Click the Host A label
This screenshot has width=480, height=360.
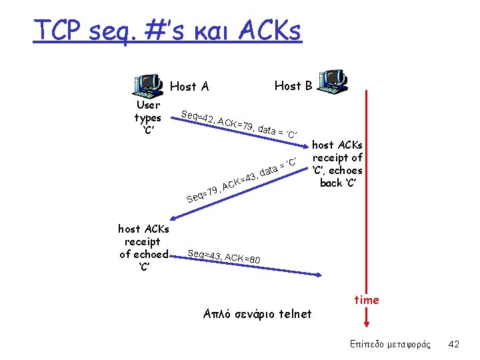point(189,86)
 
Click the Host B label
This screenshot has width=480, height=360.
point(293,85)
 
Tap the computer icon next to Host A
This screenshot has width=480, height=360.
point(148,85)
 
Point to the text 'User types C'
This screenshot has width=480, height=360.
point(147,117)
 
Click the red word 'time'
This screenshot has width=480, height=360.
point(367,300)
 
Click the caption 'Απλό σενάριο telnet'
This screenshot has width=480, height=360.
point(257,313)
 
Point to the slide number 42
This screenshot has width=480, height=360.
point(454,344)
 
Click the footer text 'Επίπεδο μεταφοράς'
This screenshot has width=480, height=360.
point(390,344)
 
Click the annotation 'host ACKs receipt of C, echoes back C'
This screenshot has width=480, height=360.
point(337,163)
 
